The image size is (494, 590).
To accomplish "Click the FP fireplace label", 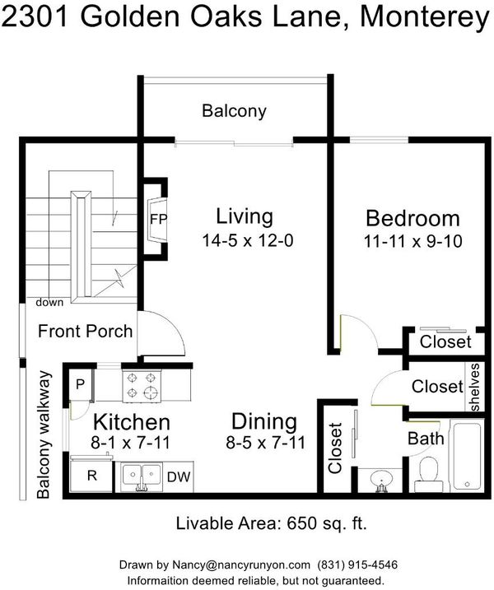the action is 158,219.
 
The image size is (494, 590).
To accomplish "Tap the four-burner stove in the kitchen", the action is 142,386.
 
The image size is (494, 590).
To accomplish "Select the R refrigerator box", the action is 91,476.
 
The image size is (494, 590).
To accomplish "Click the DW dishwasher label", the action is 179,477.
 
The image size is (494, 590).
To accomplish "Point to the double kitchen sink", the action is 141,476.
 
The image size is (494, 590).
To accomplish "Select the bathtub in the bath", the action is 468,457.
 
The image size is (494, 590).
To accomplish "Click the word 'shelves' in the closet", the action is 474,388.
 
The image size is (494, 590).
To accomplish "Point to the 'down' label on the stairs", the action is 49,302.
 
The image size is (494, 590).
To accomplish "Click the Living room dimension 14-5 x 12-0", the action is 247,240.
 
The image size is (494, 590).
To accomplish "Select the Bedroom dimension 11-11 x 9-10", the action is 412,241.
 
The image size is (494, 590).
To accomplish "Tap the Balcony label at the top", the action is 234,111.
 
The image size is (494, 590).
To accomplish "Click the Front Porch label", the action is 85,331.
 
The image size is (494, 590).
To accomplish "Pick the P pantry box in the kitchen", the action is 80,384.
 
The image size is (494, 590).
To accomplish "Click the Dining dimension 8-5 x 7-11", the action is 265,443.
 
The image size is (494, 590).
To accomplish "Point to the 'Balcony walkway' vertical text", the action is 44,434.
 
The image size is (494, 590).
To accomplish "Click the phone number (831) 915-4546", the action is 357,564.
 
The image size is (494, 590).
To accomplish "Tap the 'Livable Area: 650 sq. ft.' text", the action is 271,523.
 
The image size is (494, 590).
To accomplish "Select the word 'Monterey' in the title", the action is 425,17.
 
